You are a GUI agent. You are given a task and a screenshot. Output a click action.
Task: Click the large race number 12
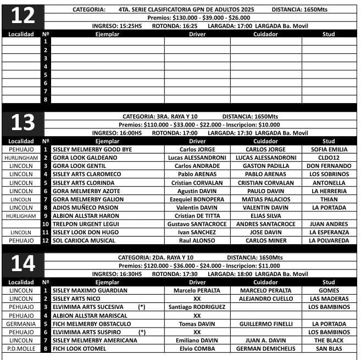(x=23, y=16)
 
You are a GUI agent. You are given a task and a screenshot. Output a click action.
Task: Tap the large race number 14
(x=23, y=265)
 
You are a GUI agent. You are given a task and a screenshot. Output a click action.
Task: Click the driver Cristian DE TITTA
(x=197, y=216)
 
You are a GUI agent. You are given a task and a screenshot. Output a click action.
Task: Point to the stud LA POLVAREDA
(x=329, y=240)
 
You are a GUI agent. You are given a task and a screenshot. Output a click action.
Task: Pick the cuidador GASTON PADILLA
(x=265, y=166)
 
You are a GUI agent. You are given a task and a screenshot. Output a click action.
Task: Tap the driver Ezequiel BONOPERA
(x=197, y=199)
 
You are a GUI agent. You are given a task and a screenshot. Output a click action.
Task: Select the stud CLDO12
(x=329, y=157)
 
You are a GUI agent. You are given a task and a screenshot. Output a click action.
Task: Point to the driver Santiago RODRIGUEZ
(x=197, y=307)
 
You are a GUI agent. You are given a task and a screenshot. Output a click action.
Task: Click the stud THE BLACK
(x=329, y=340)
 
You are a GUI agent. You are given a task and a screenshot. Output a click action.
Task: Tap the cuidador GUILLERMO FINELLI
(x=265, y=324)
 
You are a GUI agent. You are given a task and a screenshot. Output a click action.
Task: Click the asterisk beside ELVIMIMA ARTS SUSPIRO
(x=142, y=332)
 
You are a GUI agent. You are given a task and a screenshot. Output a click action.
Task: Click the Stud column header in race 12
(x=329, y=34)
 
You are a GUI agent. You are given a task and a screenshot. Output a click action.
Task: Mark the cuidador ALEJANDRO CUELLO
(x=265, y=299)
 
